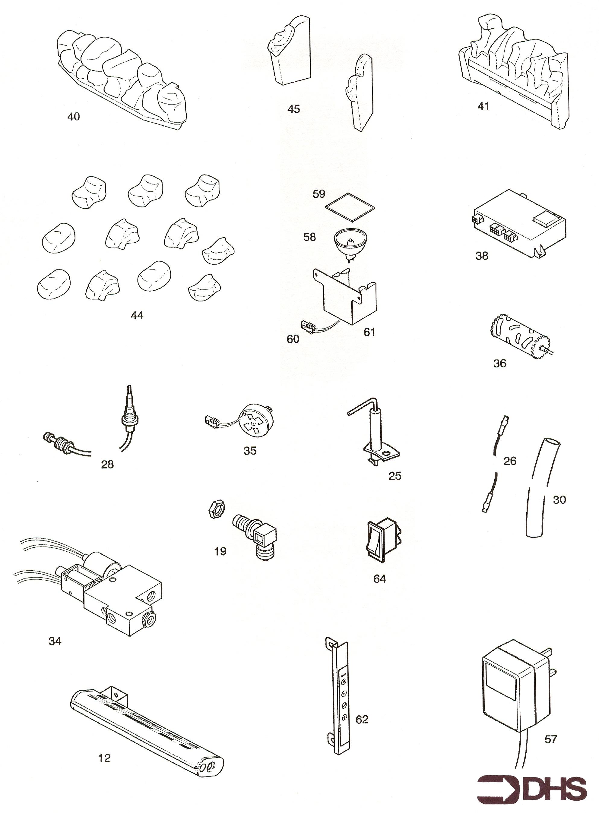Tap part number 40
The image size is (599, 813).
[x=74, y=117]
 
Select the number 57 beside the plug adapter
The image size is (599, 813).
[x=550, y=739]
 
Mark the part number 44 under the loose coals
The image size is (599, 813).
[x=137, y=316]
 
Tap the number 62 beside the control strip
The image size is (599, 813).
[x=362, y=719]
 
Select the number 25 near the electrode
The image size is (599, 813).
[x=395, y=476]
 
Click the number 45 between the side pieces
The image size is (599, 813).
[x=294, y=109]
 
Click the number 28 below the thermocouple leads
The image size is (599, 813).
[x=107, y=465]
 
